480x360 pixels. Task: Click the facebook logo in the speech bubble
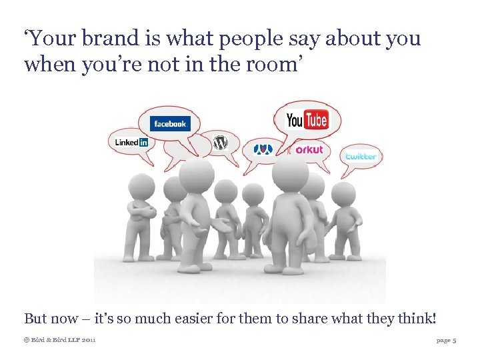click(x=171, y=123)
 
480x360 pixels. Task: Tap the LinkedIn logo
click(x=131, y=142)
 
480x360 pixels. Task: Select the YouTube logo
click(x=307, y=120)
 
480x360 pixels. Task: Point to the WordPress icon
click(x=220, y=143)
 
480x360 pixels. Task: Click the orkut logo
click(x=309, y=150)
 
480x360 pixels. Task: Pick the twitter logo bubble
click(x=361, y=156)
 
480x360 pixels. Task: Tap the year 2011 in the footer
click(x=87, y=340)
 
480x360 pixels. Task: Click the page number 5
click(x=454, y=340)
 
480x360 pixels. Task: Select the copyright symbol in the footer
click(x=27, y=340)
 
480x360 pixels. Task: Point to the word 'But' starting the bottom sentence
click(x=36, y=319)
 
